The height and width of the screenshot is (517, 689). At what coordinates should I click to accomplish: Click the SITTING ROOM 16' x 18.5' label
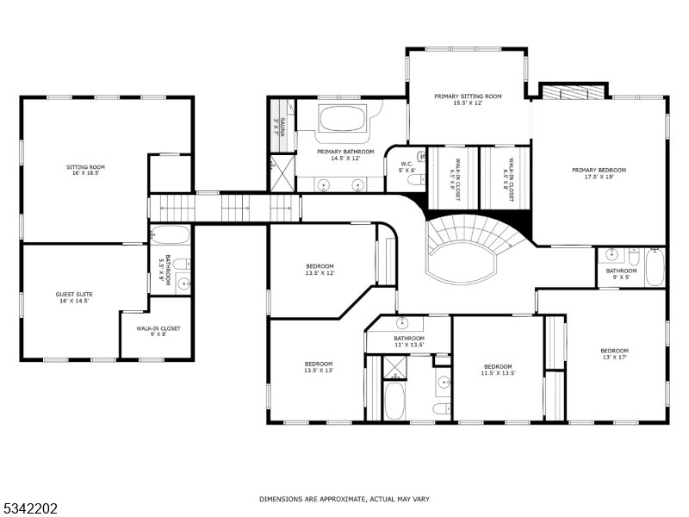pyautogui.click(x=85, y=170)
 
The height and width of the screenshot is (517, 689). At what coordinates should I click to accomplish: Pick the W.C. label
pyautogui.click(x=407, y=166)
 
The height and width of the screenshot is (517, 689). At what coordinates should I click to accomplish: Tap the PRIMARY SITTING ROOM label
pyautogui.click(x=468, y=100)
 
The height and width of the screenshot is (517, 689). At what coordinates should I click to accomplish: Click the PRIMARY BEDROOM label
pyautogui.click(x=599, y=173)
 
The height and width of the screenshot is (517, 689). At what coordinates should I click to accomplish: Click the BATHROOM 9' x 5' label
pyautogui.click(x=621, y=274)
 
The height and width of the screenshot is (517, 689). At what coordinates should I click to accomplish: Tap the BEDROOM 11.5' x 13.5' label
pyautogui.click(x=497, y=370)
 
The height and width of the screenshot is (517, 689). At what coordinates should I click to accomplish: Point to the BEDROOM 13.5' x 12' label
pyautogui.click(x=320, y=270)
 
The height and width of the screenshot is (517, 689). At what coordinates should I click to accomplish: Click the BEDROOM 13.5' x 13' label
pyautogui.click(x=318, y=367)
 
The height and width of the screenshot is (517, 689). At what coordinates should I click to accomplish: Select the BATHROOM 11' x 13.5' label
pyautogui.click(x=409, y=342)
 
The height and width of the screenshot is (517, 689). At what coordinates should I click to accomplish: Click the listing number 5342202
pyautogui.click(x=31, y=508)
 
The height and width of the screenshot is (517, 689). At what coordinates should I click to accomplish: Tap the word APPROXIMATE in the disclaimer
pyautogui.click(x=330, y=499)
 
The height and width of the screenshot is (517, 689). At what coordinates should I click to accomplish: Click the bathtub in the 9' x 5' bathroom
pyautogui.click(x=655, y=266)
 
